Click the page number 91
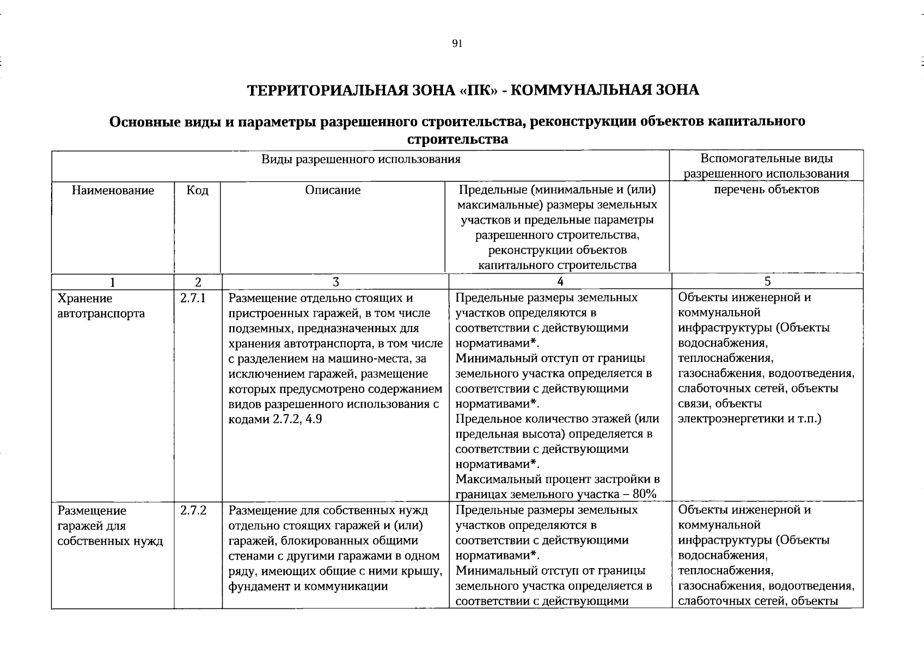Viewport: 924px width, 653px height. (x=457, y=44)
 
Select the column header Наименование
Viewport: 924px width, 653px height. (x=113, y=190)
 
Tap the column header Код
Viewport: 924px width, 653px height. (x=197, y=190)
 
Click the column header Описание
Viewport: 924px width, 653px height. (x=333, y=190)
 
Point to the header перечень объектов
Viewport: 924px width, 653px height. (x=766, y=189)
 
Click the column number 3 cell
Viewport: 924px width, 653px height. (x=335, y=282)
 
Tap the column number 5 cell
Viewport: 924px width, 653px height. (x=767, y=281)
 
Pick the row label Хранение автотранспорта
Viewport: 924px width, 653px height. (x=101, y=306)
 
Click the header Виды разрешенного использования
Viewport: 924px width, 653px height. (x=360, y=159)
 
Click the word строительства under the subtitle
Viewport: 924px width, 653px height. (x=457, y=139)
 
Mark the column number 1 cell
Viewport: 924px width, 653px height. (x=113, y=282)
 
